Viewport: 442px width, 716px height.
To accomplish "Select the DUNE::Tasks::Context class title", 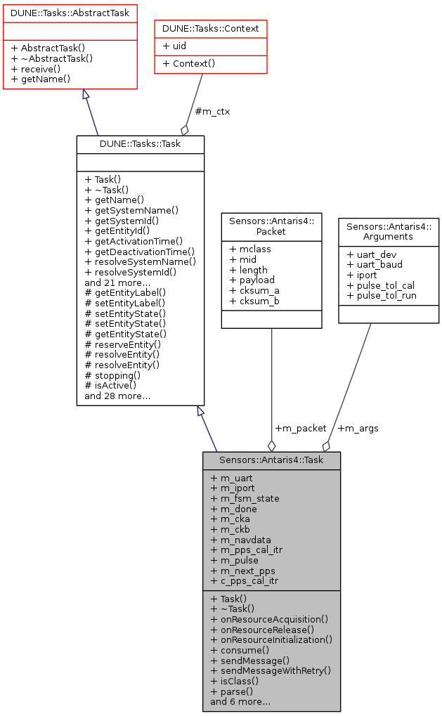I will coord(211,28).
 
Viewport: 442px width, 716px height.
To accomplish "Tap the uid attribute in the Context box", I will coord(175,45).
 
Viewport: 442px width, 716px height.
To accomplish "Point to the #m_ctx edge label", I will coord(212,111).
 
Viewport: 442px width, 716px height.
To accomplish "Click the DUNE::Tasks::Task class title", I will coord(141,143).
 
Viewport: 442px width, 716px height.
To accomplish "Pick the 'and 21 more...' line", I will coord(117,283).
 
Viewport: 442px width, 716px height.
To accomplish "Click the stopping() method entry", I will coord(112,375).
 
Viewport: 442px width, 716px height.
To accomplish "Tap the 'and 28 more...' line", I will coord(117,396).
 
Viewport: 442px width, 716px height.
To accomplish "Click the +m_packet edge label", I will coord(301,428).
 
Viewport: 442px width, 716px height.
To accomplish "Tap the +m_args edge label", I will coord(358,428).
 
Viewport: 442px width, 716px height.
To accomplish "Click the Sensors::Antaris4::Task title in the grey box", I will coord(271,460).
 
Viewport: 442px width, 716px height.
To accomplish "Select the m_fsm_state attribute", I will coord(245,499).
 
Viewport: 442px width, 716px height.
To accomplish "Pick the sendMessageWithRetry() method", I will coord(270,670).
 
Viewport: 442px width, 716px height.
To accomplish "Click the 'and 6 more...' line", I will coord(240,701).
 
